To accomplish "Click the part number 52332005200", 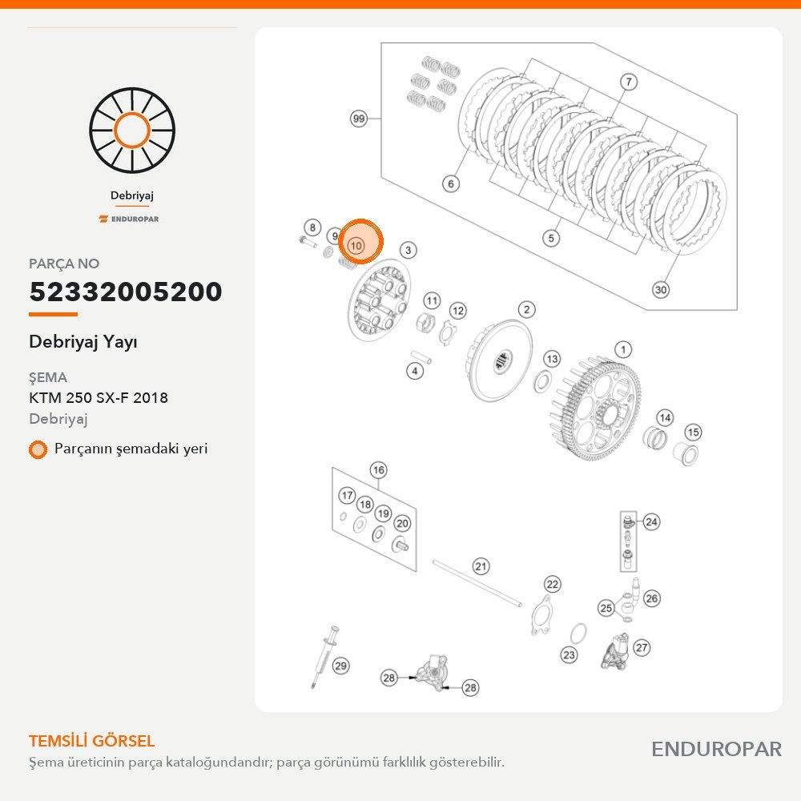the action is [x=126, y=292].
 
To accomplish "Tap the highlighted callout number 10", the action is [x=356, y=246].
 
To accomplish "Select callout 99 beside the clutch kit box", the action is [x=359, y=119].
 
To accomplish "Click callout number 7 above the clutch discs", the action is [x=628, y=82].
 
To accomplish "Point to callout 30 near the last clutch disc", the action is [x=661, y=290].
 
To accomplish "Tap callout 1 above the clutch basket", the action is [x=622, y=350].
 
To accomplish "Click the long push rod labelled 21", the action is [x=477, y=583].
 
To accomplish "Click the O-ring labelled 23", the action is [x=578, y=634].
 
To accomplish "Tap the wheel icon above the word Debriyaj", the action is [x=132, y=131].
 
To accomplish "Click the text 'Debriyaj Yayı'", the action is [x=83, y=342].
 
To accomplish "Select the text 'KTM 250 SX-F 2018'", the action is [x=99, y=397].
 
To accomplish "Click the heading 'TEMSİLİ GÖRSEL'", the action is [x=92, y=741].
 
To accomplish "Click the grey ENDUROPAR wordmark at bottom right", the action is [x=716, y=750].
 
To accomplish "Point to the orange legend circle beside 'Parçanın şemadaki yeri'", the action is [x=38, y=449].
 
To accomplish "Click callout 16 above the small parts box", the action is [x=378, y=470].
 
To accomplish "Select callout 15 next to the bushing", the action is [x=693, y=433].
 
